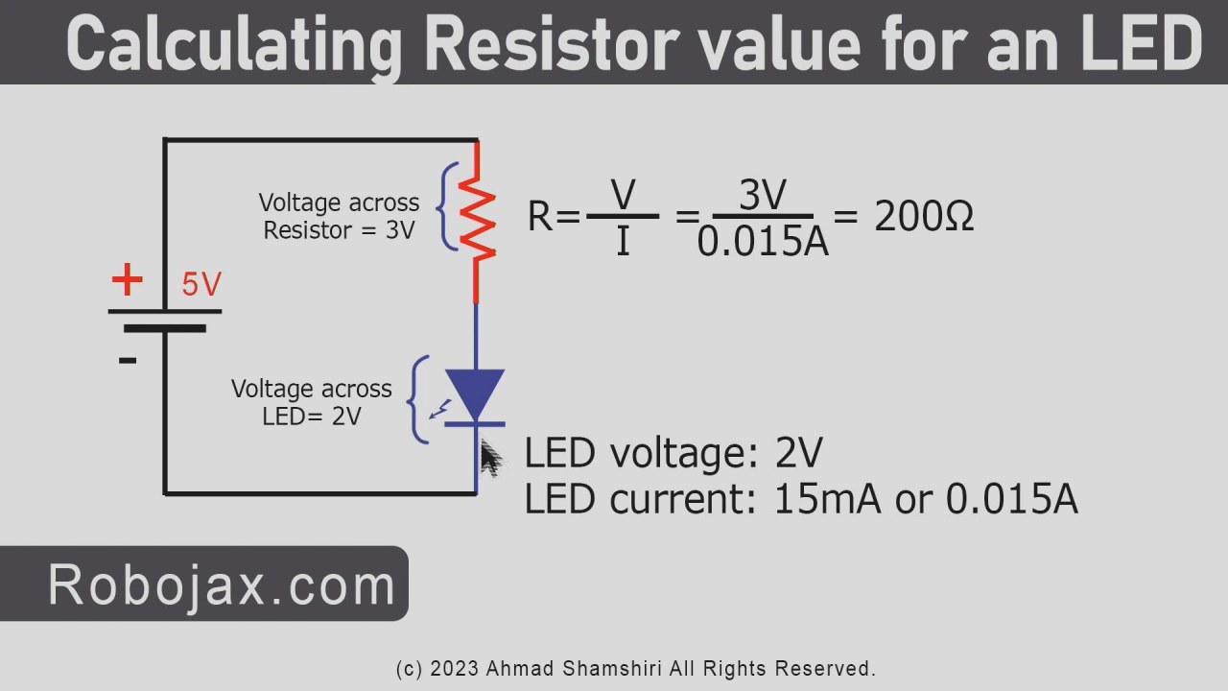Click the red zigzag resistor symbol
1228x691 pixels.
[x=478, y=219]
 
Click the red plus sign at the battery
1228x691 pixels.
[x=127, y=280]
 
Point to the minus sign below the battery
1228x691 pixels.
[x=128, y=361]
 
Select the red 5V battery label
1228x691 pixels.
[x=201, y=285]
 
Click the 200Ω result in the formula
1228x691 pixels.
[x=924, y=218]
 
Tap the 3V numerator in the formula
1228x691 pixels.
[x=763, y=196]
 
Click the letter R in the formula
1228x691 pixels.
[x=540, y=218]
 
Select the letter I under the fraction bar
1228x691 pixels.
[x=623, y=243]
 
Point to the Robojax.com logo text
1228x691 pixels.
[x=222, y=584]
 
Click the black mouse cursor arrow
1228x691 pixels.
[x=489, y=459]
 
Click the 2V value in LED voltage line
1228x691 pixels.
[x=798, y=454]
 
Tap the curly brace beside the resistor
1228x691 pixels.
[x=447, y=206]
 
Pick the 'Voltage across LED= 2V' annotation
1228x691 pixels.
[x=312, y=402]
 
